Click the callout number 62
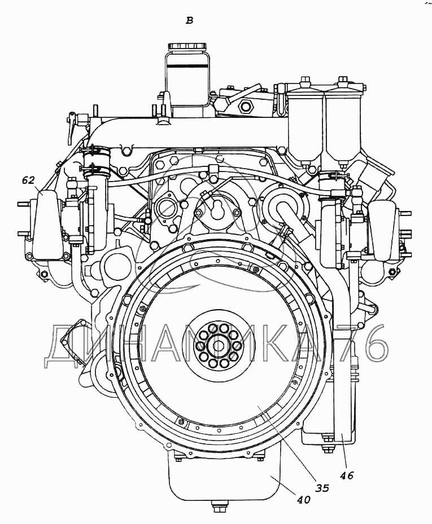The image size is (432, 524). click(28, 180)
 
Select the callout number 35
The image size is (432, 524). click(322, 488)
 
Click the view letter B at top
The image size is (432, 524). click(189, 21)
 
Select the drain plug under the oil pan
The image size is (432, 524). click(218, 514)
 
